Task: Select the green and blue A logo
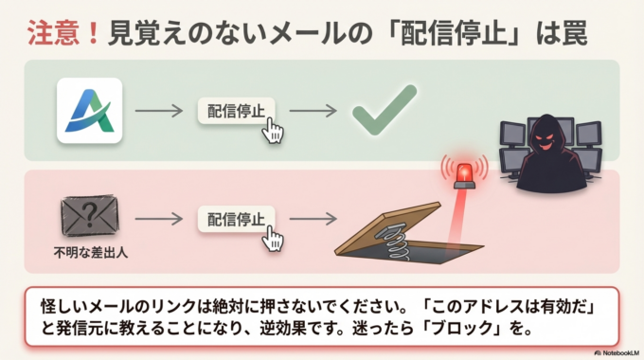tap(90, 110)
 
